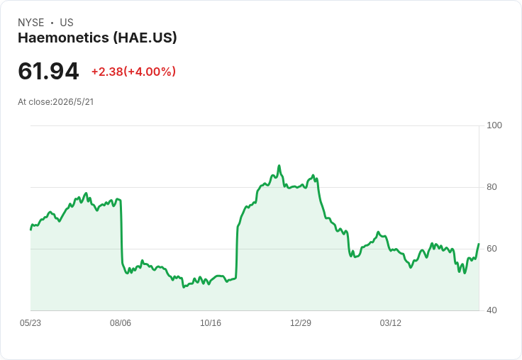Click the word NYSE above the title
pos(31,23)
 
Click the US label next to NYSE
pos(67,23)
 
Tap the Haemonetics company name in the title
pos(63,38)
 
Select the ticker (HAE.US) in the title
pos(145,38)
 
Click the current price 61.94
pos(48,71)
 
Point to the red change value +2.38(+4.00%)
pos(133,72)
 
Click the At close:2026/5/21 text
pos(56,102)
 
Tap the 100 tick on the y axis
pos(494,125)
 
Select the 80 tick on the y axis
pos(492,187)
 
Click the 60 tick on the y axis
pos(492,249)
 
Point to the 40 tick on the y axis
pos(492,310)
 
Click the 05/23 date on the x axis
pos(30,323)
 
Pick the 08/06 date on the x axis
pos(121,323)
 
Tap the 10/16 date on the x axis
pos(211,323)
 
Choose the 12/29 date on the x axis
pos(301,323)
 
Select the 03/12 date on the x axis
pos(391,323)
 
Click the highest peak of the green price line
pos(279,165)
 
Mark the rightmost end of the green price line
pos(479,244)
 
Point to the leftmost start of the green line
pos(30,230)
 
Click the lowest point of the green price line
pos(184,287)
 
